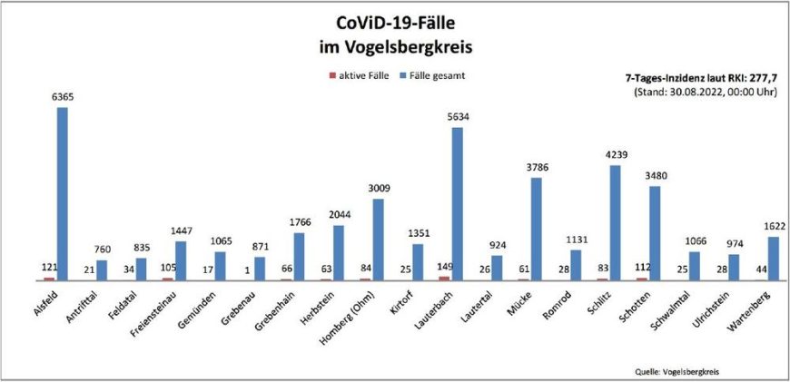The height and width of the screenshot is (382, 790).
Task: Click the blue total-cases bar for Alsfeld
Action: (x=62, y=194)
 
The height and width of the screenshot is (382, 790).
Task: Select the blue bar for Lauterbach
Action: (x=458, y=204)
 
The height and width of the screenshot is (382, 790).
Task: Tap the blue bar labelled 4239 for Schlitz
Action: (x=616, y=223)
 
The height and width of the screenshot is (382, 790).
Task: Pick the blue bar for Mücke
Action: (x=537, y=230)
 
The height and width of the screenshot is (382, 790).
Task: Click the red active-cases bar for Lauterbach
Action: (x=443, y=279)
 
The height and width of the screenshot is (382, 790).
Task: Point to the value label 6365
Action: (x=62, y=97)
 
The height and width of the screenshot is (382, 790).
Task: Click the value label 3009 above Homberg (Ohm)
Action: (x=378, y=189)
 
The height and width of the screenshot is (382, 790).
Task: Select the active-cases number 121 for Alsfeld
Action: (x=47, y=268)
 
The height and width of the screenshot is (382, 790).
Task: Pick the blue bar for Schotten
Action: (x=655, y=233)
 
